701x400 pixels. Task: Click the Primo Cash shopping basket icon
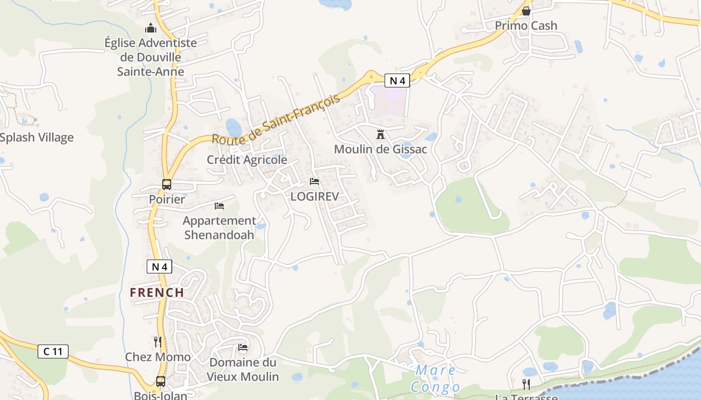point(526,10)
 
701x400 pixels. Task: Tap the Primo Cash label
point(526,25)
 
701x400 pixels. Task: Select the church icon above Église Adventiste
point(151,28)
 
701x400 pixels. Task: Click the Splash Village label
point(37,137)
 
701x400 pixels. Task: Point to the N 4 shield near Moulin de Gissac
point(398,80)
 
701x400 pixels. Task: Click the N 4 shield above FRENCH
point(159,266)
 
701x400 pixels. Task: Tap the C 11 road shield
point(53,351)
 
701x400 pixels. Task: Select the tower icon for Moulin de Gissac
point(381,134)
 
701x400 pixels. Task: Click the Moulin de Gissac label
point(381,149)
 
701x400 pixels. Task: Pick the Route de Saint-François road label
point(276,119)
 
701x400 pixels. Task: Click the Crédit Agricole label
point(247,159)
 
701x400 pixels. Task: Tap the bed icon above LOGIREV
point(314,181)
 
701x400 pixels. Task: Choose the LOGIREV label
point(314,196)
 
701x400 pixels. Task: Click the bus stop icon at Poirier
point(167,184)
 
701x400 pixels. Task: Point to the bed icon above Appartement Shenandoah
point(219,205)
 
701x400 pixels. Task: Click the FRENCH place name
point(157,292)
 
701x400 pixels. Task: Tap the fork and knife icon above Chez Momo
point(158,341)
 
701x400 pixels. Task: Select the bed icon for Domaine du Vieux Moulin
point(243,347)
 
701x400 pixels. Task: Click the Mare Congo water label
point(436,378)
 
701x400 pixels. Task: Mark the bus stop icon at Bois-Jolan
point(161,381)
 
